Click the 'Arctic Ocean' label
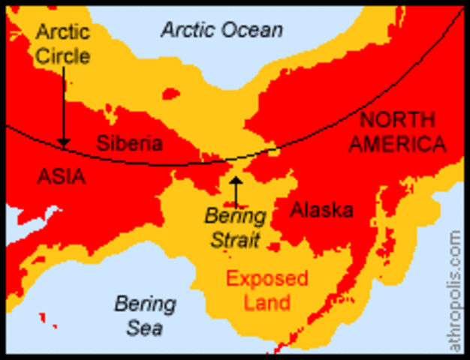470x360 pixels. click(222, 30)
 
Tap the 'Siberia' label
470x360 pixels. click(129, 142)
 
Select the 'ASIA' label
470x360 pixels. click(61, 177)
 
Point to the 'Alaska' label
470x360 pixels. click(321, 210)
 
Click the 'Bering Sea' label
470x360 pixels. click(145, 316)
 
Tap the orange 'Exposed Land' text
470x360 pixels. click(267, 290)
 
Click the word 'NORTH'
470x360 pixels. click(396, 119)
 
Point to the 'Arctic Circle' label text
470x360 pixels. click(63, 44)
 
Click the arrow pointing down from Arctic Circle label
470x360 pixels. click(64, 105)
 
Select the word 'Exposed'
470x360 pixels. click(267, 279)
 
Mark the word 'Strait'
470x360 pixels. click(235, 241)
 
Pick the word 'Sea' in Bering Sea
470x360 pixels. click(144, 328)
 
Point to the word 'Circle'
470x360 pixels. click(63, 55)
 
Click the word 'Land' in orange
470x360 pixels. click(267, 302)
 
